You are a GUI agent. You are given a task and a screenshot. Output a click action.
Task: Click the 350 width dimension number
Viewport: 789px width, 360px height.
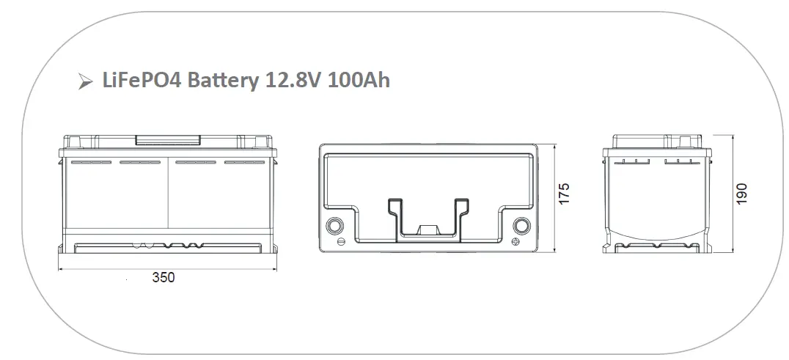(x=164, y=278)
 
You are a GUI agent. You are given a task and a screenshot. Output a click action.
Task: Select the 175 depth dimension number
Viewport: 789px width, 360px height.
(x=564, y=194)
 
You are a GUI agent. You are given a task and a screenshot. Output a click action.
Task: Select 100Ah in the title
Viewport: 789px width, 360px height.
(x=359, y=81)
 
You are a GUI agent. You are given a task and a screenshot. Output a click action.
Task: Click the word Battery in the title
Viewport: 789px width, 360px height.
(x=222, y=81)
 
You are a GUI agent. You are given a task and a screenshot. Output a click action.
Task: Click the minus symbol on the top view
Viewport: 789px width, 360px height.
(x=339, y=241)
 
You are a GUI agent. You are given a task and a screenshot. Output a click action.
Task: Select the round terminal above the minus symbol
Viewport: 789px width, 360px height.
(x=335, y=225)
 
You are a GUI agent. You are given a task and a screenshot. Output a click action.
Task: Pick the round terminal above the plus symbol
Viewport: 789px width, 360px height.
(x=522, y=225)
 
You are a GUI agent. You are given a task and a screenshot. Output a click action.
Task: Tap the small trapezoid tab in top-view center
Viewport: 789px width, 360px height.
(x=428, y=229)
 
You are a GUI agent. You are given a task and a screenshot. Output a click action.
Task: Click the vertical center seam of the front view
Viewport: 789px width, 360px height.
(x=170, y=198)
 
